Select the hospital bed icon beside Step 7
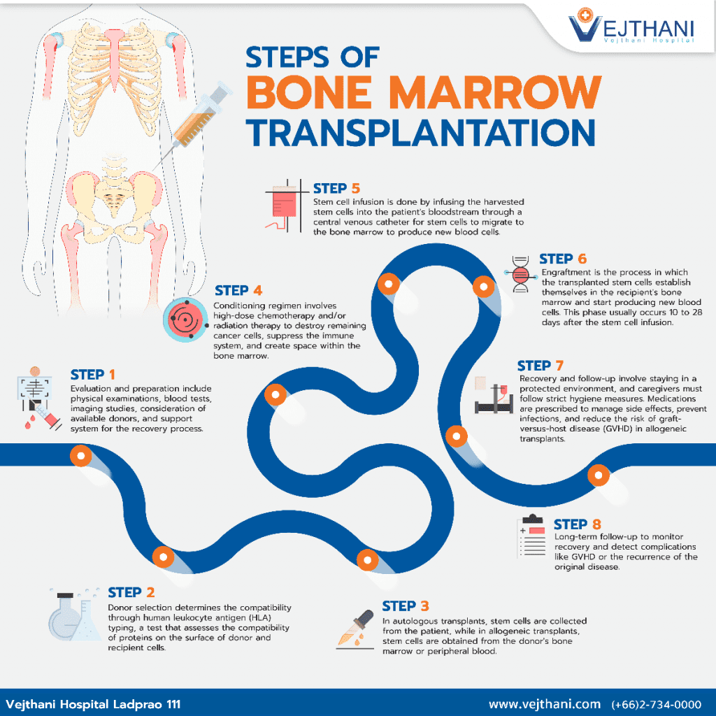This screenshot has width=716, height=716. point(497,398)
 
